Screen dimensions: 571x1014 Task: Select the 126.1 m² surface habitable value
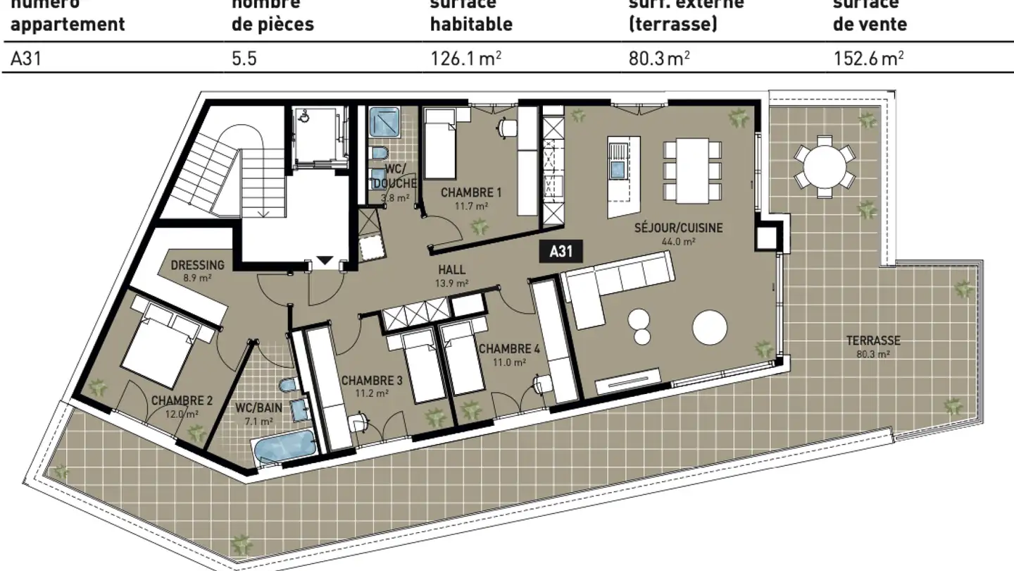(x=465, y=59)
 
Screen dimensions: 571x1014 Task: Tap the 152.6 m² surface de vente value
(x=868, y=59)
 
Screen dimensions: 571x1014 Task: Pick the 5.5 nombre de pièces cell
(x=244, y=59)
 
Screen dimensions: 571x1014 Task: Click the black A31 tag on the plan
(x=560, y=252)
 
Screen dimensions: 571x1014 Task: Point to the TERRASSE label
(x=873, y=341)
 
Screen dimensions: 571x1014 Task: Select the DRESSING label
(x=198, y=266)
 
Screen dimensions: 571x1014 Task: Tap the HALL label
(x=452, y=270)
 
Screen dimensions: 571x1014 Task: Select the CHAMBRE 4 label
(x=509, y=349)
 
